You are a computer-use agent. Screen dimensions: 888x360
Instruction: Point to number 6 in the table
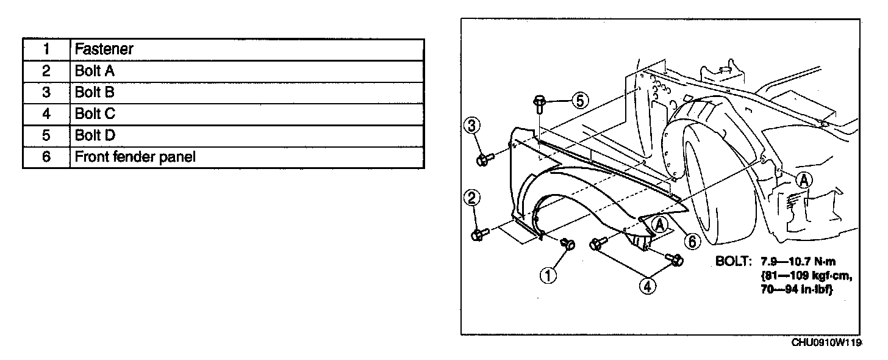point(46,157)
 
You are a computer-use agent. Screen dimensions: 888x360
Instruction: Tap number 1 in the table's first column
point(46,49)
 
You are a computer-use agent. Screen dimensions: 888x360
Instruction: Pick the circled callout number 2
point(473,197)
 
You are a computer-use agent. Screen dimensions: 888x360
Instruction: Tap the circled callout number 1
point(548,276)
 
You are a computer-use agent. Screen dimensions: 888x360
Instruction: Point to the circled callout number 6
point(691,242)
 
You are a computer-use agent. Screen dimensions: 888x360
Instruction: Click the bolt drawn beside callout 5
point(540,105)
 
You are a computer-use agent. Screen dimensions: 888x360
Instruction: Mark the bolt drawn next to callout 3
point(484,159)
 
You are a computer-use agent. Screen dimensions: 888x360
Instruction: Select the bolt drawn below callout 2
point(479,234)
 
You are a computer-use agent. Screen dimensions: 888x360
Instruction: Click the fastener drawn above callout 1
point(568,243)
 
